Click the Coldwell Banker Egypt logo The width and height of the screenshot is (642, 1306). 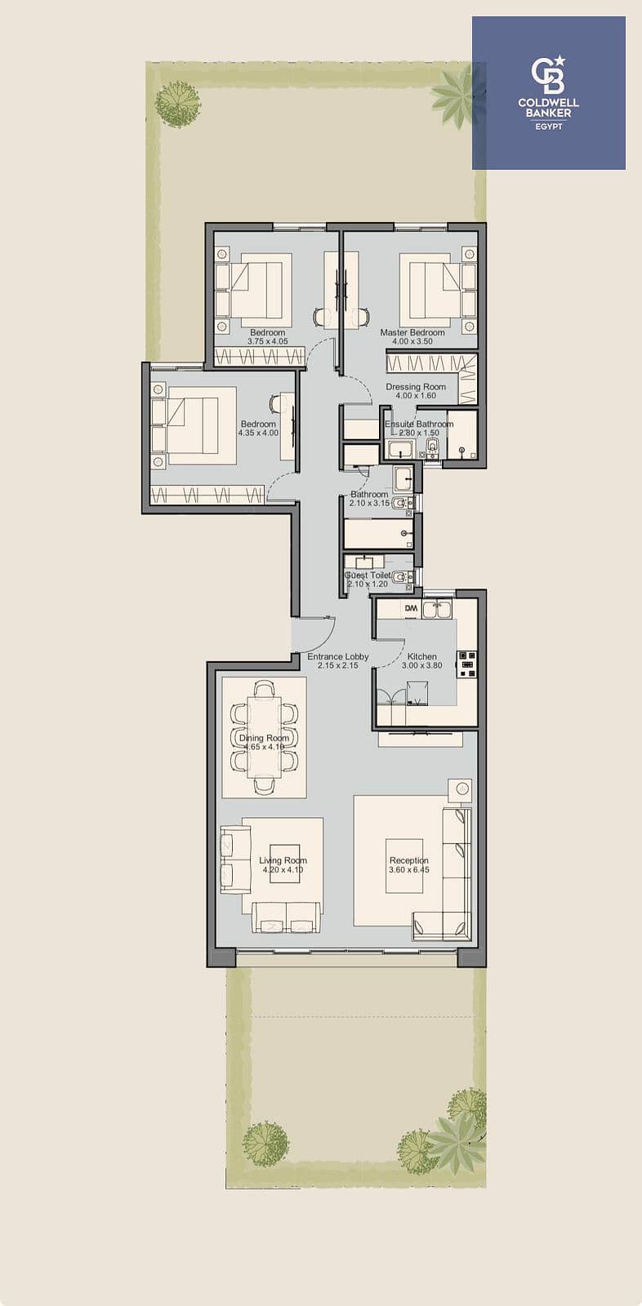[x=549, y=93]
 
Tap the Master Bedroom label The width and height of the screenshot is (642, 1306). [x=412, y=332]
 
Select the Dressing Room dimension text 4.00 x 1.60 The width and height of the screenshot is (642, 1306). [x=416, y=395]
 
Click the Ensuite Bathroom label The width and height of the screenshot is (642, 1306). [x=419, y=424]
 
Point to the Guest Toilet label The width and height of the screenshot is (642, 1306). [x=368, y=575]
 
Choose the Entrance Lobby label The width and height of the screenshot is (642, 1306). [x=338, y=656]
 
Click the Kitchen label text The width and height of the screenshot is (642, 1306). [x=422, y=656]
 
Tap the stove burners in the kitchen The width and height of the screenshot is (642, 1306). [x=468, y=664]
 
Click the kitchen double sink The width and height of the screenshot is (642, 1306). [x=439, y=609]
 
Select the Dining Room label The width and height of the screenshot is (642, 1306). [x=264, y=738]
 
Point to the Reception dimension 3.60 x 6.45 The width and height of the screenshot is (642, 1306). [x=409, y=870]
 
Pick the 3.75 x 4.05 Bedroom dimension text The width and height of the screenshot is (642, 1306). [x=267, y=342]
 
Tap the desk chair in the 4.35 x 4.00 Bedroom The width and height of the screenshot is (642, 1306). [x=275, y=403]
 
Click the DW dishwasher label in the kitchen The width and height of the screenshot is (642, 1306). [x=412, y=608]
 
